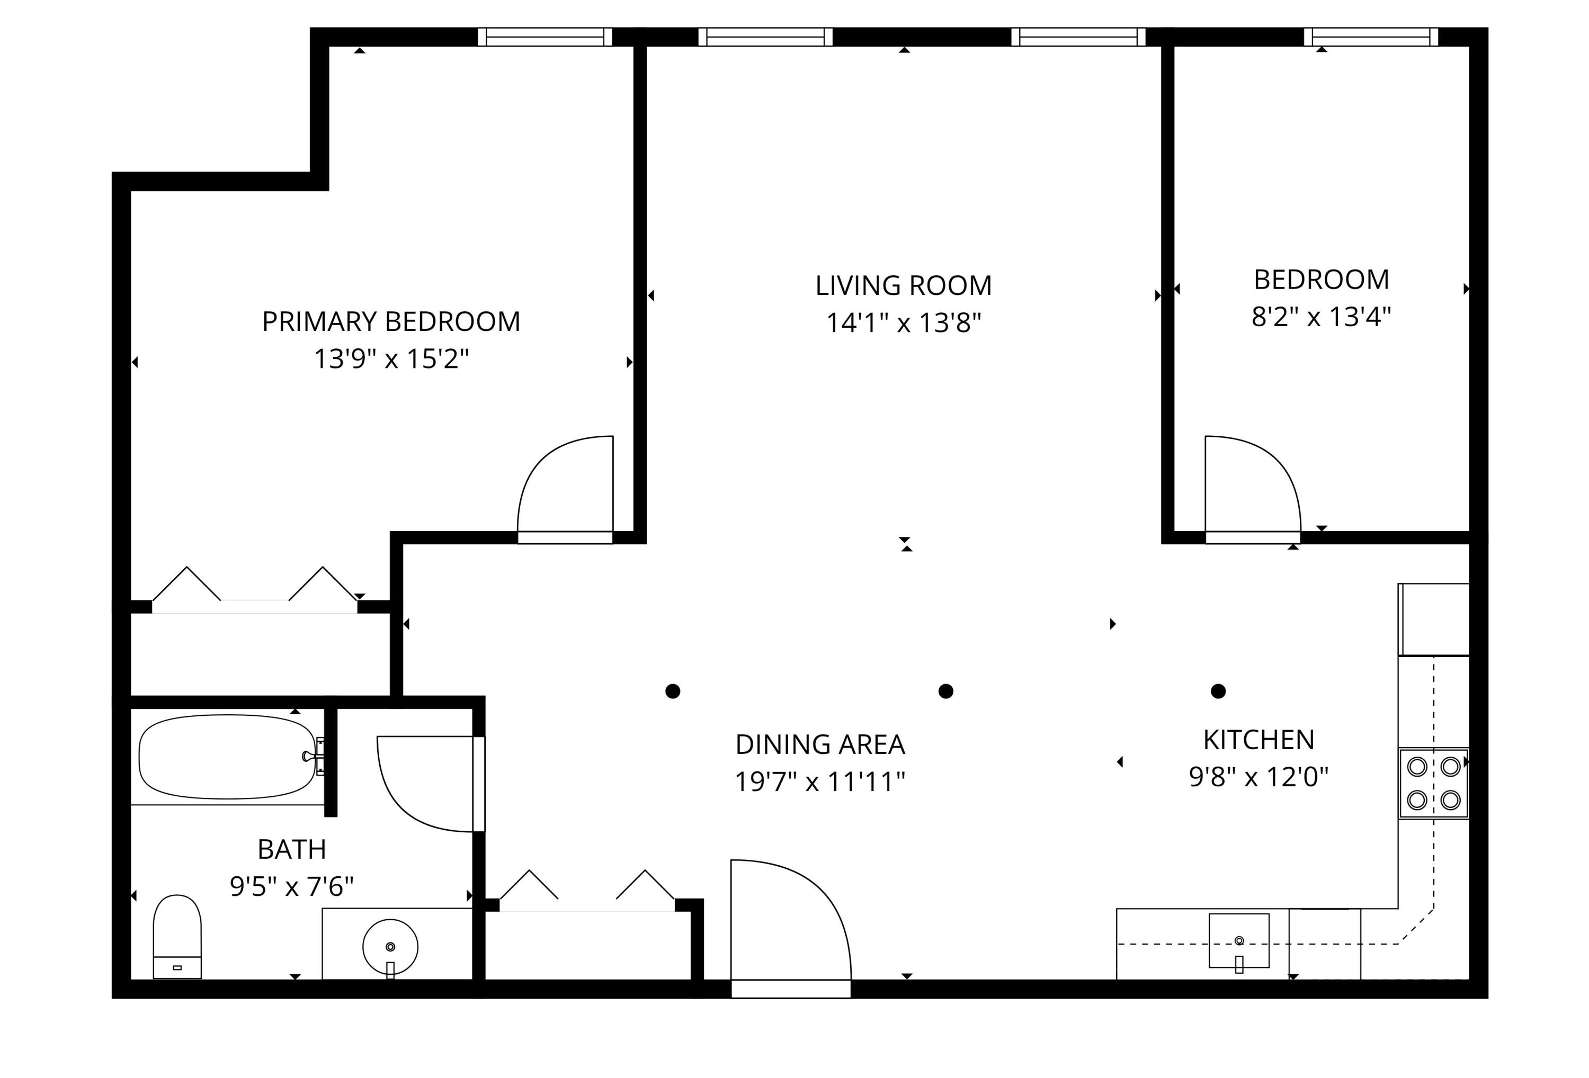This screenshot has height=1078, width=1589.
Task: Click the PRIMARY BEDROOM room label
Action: coord(391,321)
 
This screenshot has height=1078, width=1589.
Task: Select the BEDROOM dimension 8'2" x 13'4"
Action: coord(1321,317)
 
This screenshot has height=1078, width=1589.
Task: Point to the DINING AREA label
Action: coord(820,744)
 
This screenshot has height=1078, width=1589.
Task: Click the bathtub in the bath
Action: coord(227,757)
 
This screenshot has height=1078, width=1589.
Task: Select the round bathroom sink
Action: coord(390,947)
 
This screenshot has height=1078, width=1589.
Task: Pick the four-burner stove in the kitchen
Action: coord(1434,784)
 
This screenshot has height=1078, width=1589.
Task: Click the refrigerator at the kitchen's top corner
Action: coord(1434,619)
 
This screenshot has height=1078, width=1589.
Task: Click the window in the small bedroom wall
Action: coord(1371,37)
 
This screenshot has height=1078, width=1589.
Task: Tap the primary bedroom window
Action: coord(545,37)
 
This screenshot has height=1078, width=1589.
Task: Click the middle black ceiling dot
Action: coord(945,691)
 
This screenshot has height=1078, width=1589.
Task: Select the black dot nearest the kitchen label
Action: coord(1218,691)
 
